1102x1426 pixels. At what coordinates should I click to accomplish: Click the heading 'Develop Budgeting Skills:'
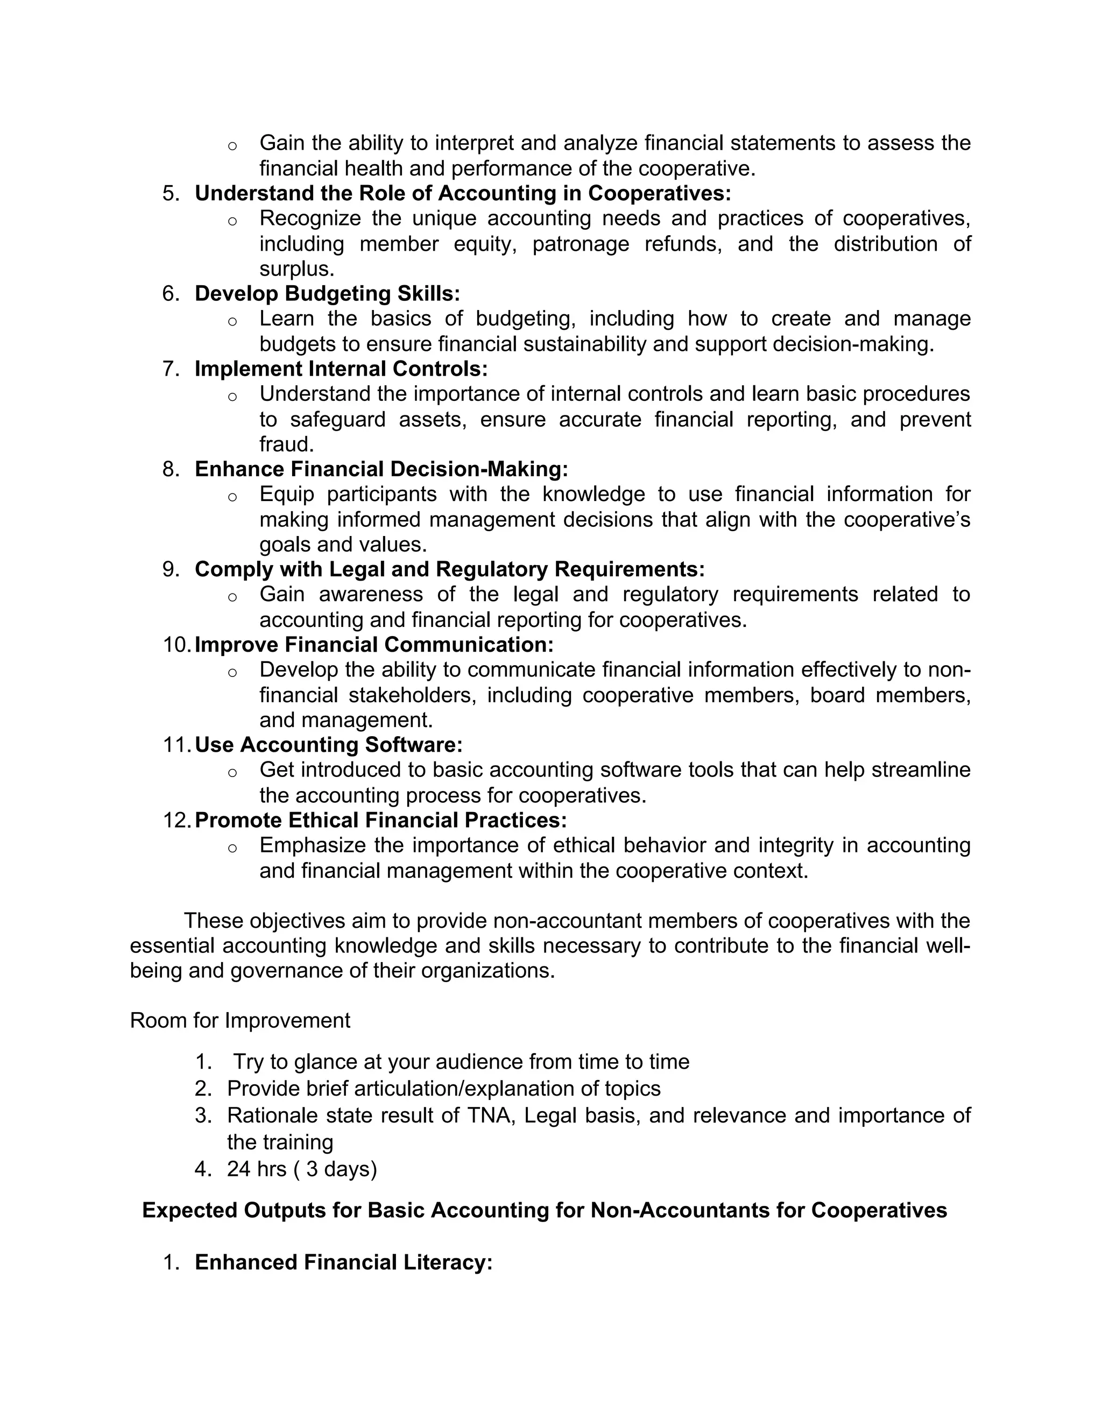click(x=327, y=294)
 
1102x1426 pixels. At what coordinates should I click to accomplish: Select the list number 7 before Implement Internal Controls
click(x=171, y=369)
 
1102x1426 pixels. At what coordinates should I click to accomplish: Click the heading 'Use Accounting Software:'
click(x=328, y=745)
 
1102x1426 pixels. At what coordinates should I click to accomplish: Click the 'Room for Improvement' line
click(x=239, y=1020)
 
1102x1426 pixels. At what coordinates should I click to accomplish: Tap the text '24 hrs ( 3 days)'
click(x=302, y=1169)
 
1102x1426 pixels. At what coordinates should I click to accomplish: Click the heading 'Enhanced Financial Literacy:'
click(x=343, y=1262)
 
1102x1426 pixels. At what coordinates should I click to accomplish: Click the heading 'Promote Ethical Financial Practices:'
click(x=380, y=820)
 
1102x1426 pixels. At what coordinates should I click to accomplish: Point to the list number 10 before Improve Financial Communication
click(x=176, y=645)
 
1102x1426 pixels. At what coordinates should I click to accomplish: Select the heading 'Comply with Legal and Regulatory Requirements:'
click(x=449, y=569)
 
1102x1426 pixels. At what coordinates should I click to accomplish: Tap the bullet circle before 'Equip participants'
click(x=232, y=497)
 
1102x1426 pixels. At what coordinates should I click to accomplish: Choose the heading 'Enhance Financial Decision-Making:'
click(x=382, y=469)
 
